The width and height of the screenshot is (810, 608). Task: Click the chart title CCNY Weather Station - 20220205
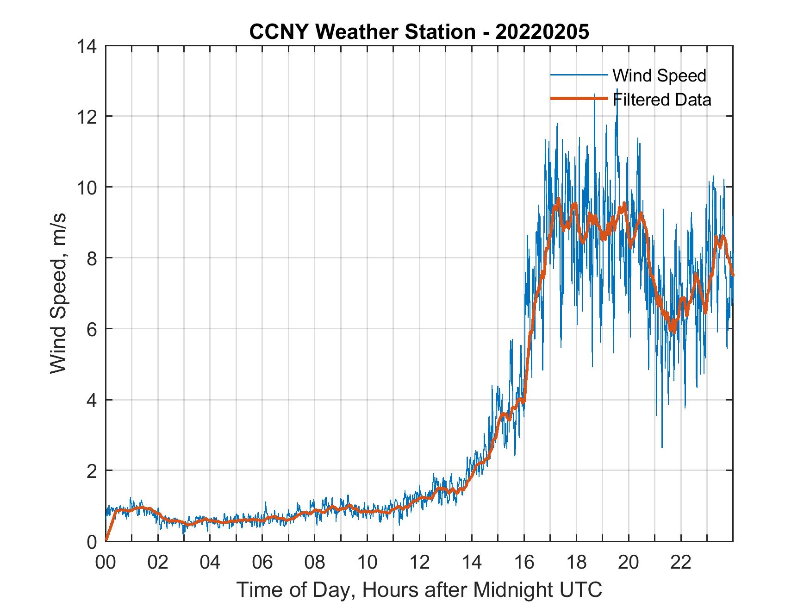(419, 32)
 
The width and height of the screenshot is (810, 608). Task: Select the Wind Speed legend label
(659, 75)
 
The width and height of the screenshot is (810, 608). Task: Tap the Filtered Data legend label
(661, 100)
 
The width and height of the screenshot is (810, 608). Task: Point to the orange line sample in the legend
(579, 98)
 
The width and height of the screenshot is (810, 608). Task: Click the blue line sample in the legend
(579, 75)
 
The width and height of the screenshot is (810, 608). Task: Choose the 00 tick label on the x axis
(106, 563)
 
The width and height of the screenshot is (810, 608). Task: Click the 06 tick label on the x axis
(262, 563)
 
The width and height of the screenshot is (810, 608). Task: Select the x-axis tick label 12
(419, 563)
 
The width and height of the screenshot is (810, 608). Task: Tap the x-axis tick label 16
(524, 563)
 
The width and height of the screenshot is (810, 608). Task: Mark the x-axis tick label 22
(681, 563)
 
